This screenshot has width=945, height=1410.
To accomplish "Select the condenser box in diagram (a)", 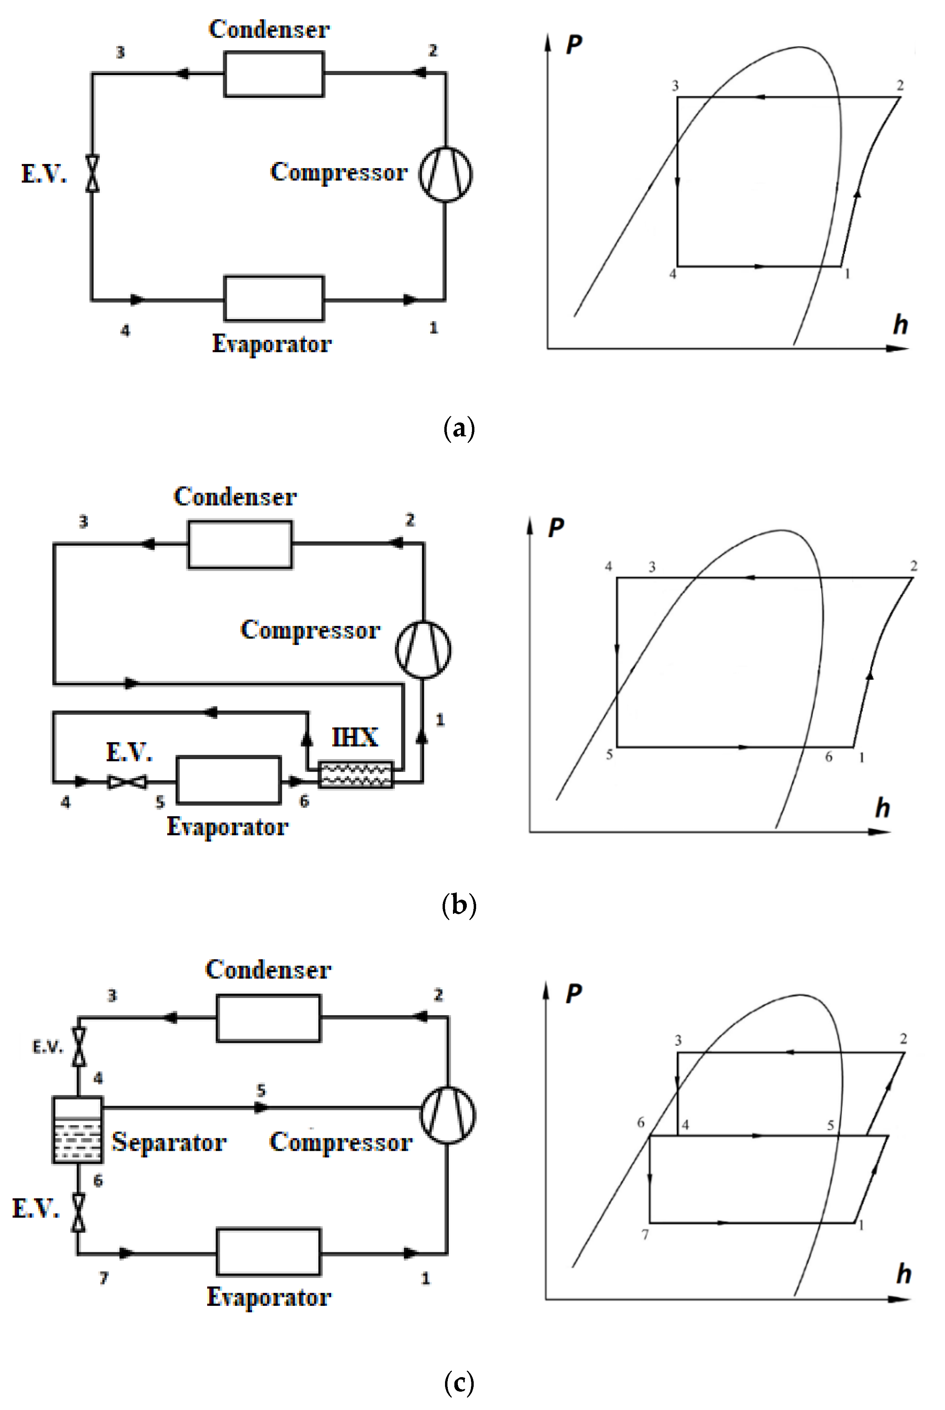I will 274,74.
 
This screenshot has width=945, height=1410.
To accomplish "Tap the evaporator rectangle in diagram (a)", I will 274,299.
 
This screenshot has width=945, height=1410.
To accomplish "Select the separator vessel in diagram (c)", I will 78,1130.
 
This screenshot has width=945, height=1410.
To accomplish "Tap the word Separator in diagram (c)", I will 169,1142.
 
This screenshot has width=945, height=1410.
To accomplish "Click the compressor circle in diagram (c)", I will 447,1115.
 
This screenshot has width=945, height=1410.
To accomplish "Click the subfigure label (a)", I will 458,429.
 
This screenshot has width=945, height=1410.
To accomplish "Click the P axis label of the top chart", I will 574,45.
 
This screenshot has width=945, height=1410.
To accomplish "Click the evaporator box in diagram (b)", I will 229,780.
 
